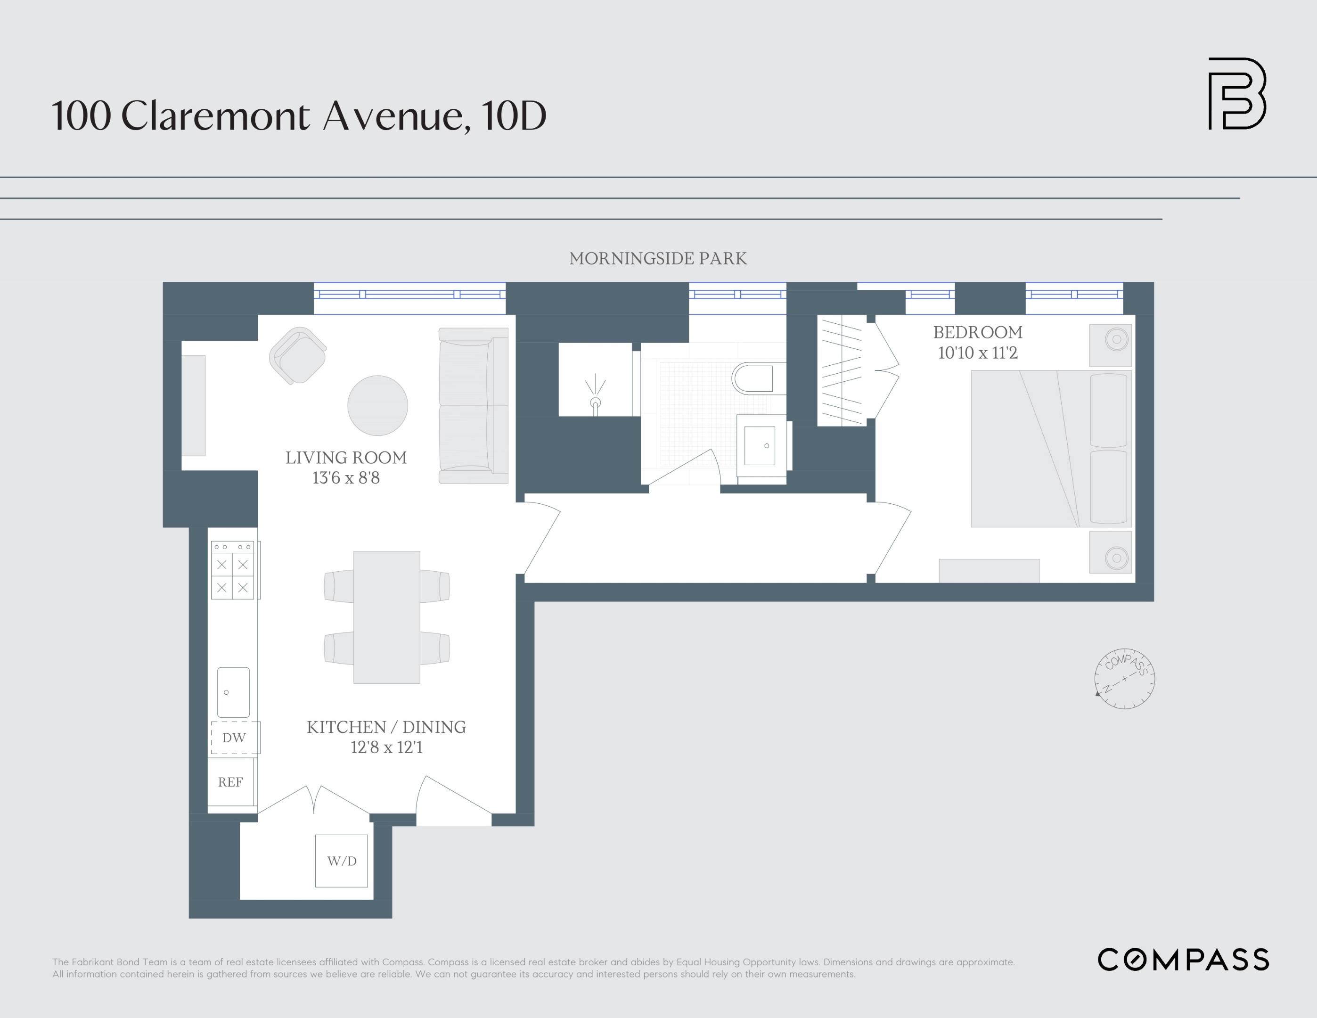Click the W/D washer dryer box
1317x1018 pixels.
pos(341,861)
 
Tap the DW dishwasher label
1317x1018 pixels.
pos(234,738)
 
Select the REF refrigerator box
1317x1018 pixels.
pos(230,781)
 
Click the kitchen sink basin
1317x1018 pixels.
pos(233,692)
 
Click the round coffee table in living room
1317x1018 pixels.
pos(377,405)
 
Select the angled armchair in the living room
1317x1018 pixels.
pos(298,355)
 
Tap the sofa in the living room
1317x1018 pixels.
pos(474,405)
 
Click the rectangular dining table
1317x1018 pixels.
pos(386,617)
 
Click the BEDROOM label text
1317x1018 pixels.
pos(977,332)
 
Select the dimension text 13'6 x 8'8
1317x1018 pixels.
pos(345,477)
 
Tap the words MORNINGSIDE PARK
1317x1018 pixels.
pos(658,259)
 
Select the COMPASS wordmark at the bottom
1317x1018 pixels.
pos(1183,960)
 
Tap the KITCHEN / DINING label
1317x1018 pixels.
pos(386,727)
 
